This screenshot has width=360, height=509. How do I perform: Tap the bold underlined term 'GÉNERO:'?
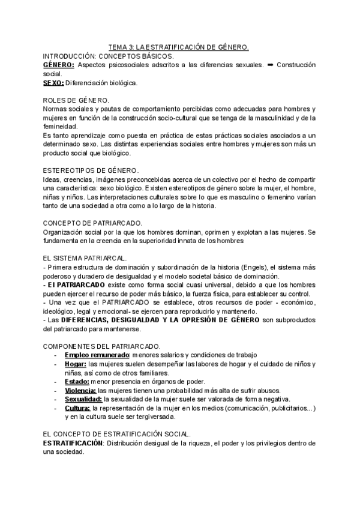point(59,64)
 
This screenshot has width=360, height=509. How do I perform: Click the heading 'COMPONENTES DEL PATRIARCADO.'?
point(101,347)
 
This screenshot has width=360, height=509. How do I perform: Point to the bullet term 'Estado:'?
point(77,382)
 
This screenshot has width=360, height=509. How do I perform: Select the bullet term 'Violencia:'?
point(81,391)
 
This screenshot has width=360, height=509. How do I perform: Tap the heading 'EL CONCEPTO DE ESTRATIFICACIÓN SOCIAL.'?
point(118,434)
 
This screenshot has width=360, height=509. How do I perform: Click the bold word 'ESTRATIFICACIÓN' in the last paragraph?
point(73,443)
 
